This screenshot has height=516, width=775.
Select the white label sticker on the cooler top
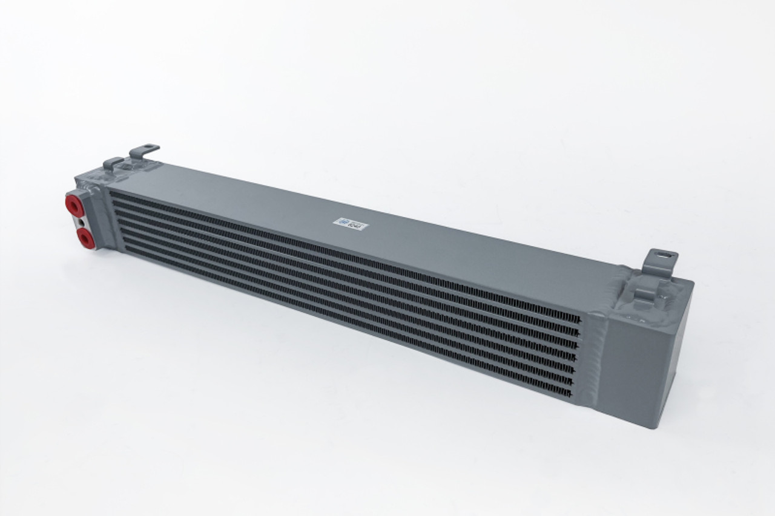point(351,224)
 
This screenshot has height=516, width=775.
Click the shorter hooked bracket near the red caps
point(113,163)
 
